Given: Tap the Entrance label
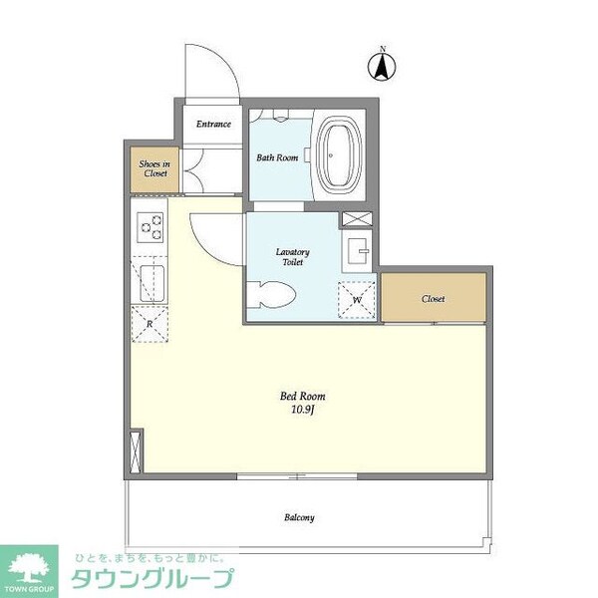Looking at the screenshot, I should pos(213,125).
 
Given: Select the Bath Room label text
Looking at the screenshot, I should pos(277,157).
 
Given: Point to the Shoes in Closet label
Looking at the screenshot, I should pos(153,168).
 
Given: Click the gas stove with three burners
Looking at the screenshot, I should pos(151,227).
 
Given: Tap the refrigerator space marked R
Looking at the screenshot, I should pos(149,324).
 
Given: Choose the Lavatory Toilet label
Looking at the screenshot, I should pos(293,257).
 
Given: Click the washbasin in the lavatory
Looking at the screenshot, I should pos(357,251).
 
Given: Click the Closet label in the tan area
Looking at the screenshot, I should pos(433,298).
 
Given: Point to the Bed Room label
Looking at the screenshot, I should pos(298,395).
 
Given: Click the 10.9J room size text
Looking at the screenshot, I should pos(298,409).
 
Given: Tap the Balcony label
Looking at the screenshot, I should pos(299,517).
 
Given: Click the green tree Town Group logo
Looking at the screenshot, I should pos(32,569).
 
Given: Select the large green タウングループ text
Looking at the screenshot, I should pos(150,579).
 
